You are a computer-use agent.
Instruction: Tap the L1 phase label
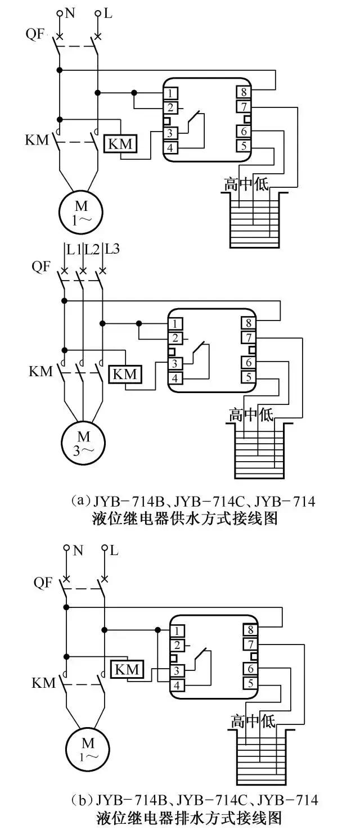coord(73,248)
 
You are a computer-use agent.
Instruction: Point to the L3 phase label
coord(112,248)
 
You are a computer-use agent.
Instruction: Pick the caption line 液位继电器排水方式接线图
coord(185,817)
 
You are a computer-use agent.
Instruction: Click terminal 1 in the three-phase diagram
coord(177,324)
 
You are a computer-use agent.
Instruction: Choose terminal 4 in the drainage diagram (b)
coord(177,686)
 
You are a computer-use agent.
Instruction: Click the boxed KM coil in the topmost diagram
coord(120,144)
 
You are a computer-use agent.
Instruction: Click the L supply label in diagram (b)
coord(114,551)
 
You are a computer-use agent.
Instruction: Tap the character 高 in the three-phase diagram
coord(236,416)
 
